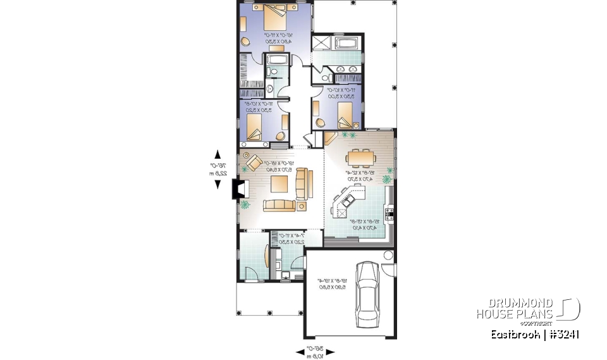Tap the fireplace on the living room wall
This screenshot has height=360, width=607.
point(240,189)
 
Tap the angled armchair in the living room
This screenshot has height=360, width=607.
point(254,162)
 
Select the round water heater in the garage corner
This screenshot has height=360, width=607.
point(388,256)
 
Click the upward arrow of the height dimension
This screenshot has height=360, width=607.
point(218,154)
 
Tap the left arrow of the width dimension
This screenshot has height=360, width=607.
point(300,353)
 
